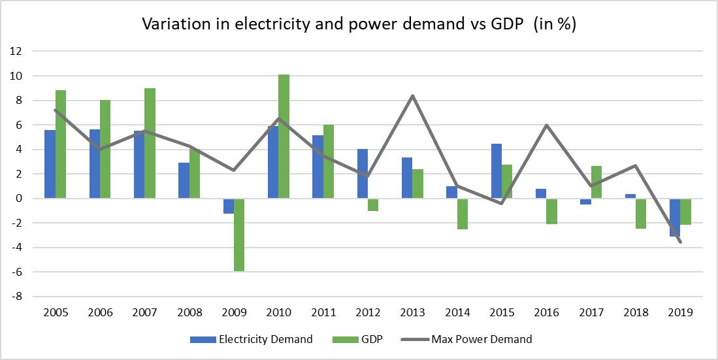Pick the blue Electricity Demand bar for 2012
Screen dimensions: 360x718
click(x=362, y=173)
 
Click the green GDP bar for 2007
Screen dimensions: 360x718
click(x=150, y=143)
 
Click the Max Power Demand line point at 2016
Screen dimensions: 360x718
click(x=546, y=125)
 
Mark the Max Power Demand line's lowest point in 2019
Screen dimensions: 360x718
click(x=680, y=242)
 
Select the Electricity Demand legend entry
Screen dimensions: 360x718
click(x=251, y=339)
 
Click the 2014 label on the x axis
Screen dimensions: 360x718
click(x=457, y=312)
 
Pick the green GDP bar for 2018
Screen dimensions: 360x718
click(x=641, y=213)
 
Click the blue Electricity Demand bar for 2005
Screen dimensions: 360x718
click(x=50, y=164)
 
